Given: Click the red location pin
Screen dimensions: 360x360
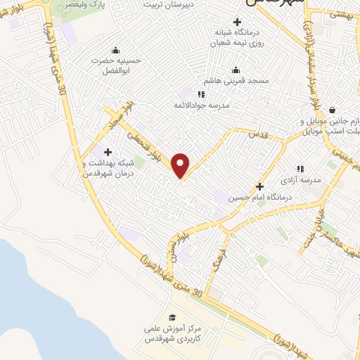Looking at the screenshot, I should click(x=181, y=165).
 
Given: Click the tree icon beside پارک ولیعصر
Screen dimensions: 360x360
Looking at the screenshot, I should click(x=60, y=5).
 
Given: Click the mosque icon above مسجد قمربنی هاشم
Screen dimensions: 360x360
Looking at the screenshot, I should click(x=236, y=70).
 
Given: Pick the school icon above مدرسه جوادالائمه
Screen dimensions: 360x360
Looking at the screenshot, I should click(x=201, y=94).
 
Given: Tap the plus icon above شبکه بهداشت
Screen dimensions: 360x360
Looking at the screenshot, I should click(x=107, y=152).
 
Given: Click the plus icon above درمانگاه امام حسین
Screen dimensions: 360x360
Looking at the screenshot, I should click(x=259, y=186).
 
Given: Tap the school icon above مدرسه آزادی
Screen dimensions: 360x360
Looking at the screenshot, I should click(x=300, y=169).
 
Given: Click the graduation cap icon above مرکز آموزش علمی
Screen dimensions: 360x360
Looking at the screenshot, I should click(x=170, y=318).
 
